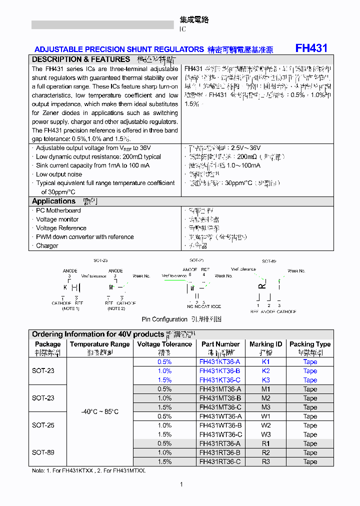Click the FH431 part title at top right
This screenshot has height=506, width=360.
click(311, 48)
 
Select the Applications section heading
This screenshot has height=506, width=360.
click(53, 201)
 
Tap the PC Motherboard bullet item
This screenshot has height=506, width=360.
click(58, 210)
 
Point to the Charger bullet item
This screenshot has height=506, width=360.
click(47, 246)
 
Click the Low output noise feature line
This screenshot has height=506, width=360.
click(58, 174)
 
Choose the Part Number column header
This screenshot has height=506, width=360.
click(220, 344)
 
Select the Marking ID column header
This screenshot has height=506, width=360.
click(265, 344)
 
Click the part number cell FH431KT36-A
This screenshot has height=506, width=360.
click(220, 362)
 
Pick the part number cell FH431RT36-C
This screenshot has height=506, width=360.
click(220, 462)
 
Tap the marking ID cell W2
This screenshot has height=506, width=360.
click(265, 425)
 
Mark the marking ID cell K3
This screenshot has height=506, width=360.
click(265, 380)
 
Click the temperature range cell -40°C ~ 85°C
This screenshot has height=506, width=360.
click(100, 411)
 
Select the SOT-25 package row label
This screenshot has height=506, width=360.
click(43, 425)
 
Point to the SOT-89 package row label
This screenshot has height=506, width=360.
click(43, 452)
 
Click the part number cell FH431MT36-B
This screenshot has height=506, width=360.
click(220, 398)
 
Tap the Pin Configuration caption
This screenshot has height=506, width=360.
click(164, 319)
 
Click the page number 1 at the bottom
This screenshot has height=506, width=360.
click(181, 484)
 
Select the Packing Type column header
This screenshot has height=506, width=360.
click(310, 344)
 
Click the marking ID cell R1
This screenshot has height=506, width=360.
click(265, 443)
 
